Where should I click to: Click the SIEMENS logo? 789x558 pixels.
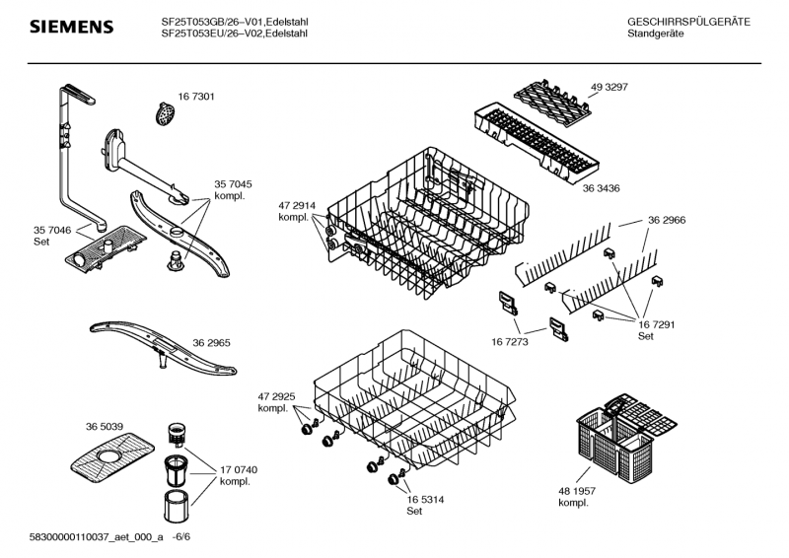tap(70, 27)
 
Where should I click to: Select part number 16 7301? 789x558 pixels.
tap(196, 97)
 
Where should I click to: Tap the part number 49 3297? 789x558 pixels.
tap(609, 88)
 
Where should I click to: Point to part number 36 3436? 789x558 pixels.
tap(602, 188)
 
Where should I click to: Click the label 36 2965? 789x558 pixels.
tap(213, 342)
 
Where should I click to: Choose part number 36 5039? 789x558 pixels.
tap(105, 426)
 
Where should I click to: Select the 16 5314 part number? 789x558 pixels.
tap(426, 499)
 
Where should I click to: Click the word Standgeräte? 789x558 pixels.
tap(656, 34)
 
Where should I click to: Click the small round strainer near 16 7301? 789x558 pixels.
tap(164, 112)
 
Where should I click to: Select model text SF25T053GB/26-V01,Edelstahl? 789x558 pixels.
tap(234, 21)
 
